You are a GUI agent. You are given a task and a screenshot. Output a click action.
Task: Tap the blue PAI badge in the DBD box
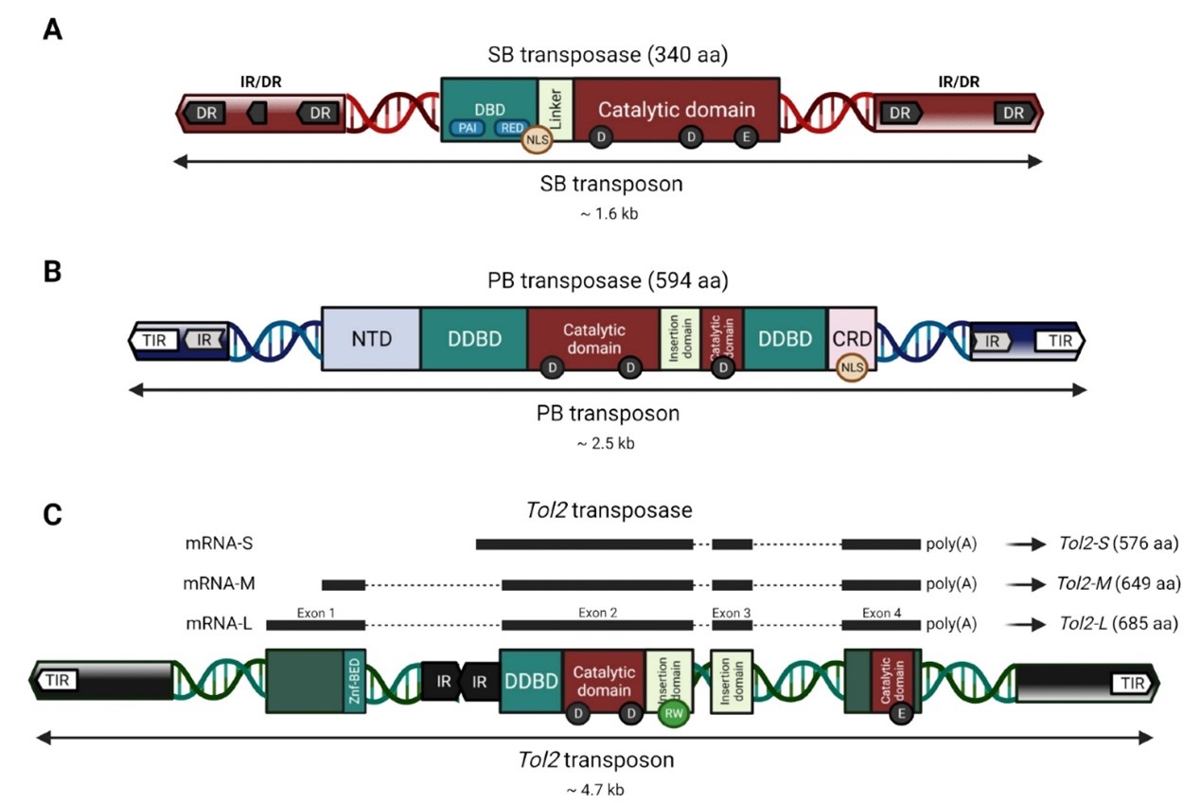pyautogui.click(x=467, y=128)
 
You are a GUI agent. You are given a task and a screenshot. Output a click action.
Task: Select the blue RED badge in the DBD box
pyautogui.click(x=512, y=128)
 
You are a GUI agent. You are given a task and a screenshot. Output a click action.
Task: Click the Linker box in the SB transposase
pyautogui.click(x=556, y=110)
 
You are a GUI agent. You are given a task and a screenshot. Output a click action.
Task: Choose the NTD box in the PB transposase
pyautogui.click(x=371, y=338)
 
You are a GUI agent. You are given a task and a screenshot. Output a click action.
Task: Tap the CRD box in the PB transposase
pyautogui.click(x=852, y=338)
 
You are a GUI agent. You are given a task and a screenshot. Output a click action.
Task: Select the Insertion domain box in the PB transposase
pyautogui.click(x=680, y=338)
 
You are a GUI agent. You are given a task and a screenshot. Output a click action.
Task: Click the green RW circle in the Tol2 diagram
pyautogui.click(x=673, y=712)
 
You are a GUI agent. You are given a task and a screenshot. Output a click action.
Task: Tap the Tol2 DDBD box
pyautogui.click(x=531, y=680)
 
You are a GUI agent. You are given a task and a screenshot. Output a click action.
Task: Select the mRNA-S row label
pyautogui.click(x=219, y=544)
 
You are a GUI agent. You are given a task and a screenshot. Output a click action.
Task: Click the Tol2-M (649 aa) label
pyautogui.click(x=1118, y=584)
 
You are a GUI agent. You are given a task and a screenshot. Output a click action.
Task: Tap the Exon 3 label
pyautogui.click(x=732, y=613)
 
